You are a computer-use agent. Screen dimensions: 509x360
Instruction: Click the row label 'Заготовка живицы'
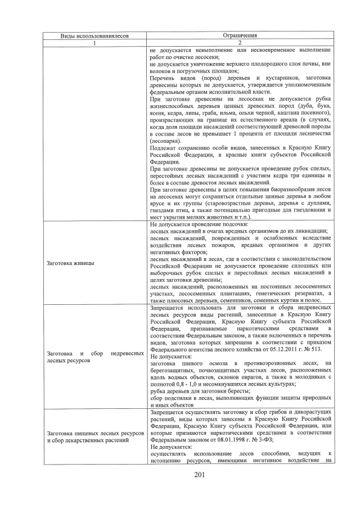click(x=70, y=263)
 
